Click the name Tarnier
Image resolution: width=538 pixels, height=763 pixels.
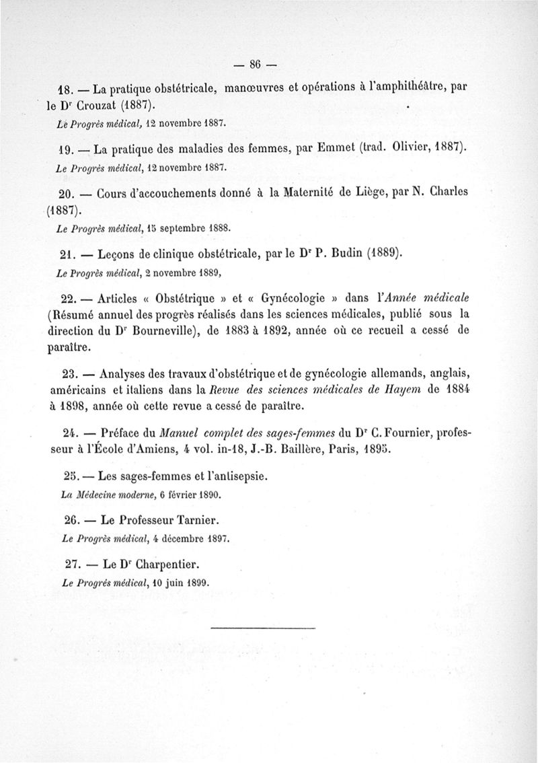(x=190, y=520)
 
